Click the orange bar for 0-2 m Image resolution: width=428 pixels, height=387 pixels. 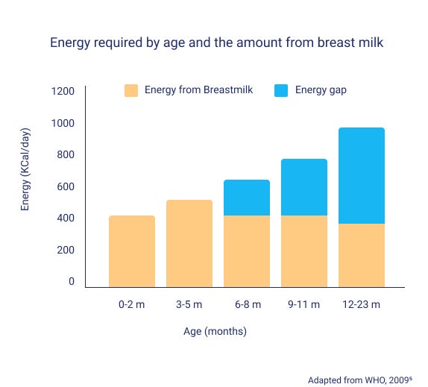pyautogui.click(x=132, y=251)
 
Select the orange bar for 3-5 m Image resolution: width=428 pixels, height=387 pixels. pyautogui.click(x=189, y=243)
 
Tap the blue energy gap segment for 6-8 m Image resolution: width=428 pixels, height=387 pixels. pyautogui.click(x=247, y=198)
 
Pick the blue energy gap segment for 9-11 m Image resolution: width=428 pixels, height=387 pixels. pyautogui.click(x=304, y=187)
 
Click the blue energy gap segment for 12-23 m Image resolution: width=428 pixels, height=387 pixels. pyautogui.click(x=362, y=175)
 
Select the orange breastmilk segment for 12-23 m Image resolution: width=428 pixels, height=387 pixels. pyautogui.click(x=362, y=255)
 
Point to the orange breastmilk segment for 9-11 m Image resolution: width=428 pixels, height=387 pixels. pyautogui.click(x=304, y=251)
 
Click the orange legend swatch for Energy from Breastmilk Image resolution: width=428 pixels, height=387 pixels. pyautogui.click(x=131, y=90)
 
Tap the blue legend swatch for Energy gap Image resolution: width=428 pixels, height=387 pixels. pyautogui.click(x=281, y=90)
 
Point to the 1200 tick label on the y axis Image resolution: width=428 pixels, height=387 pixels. pyautogui.click(x=63, y=91)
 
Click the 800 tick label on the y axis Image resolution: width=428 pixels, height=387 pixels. pyautogui.click(x=66, y=154)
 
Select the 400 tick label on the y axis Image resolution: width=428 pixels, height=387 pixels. pyautogui.click(x=66, y=218)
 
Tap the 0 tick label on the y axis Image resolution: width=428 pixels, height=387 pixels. pyautogui.click(x=72, y=281)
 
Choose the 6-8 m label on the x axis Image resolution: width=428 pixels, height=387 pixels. pyautogui.click(x=247, y=304)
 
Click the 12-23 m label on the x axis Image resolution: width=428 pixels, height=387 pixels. pyautogui.click(x=362, y=304)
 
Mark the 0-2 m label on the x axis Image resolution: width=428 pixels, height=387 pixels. pyautogui.click(x=132, y=304)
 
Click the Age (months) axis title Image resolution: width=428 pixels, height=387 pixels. pyautogui.click(x=215, y=330)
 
